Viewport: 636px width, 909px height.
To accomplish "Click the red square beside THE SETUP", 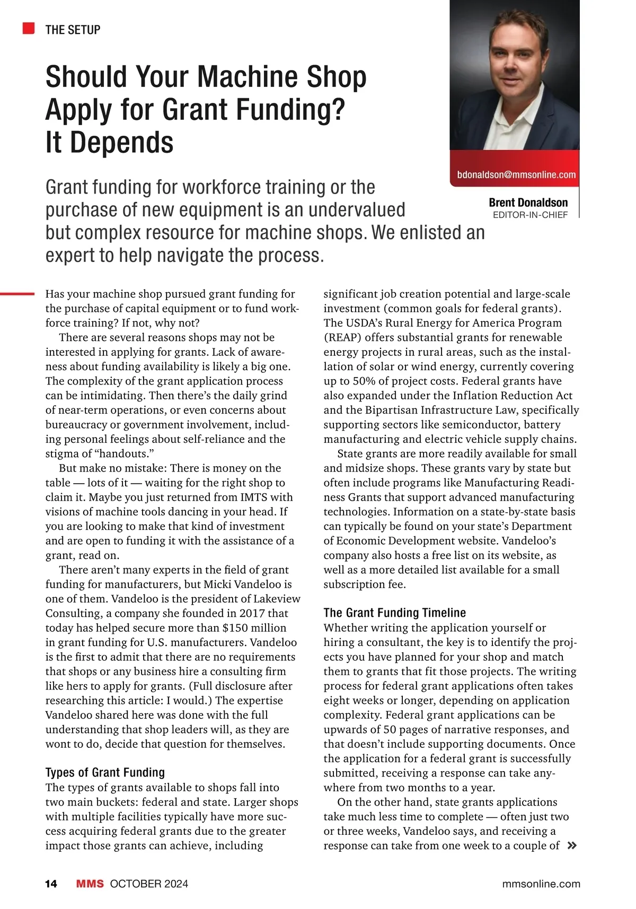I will click(x=29, y=29).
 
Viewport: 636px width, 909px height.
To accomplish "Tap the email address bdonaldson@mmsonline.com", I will click(x=516, y=174).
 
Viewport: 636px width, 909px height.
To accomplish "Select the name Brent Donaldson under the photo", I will click(x=528, y=203).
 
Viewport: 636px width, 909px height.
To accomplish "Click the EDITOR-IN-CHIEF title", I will click(x=530, y=215).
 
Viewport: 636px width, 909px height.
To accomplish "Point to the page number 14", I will click(x=51, y=884).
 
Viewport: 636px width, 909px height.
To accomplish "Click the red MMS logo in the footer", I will click(x=90, y=884).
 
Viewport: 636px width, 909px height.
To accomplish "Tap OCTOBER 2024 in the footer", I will click(x=149, y=884).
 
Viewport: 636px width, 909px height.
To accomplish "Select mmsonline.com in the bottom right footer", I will click(x=541, y=884).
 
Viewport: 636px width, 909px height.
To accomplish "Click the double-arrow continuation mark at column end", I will click(x=571, y=845).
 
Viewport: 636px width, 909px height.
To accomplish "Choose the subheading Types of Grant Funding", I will click(x=105, y=772).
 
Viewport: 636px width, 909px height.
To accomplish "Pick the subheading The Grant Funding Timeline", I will click(x=394, y=613).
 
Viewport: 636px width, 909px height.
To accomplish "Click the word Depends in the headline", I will click(x=121, y=143).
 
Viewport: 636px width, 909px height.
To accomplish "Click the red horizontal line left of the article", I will click(x=17, y=293).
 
